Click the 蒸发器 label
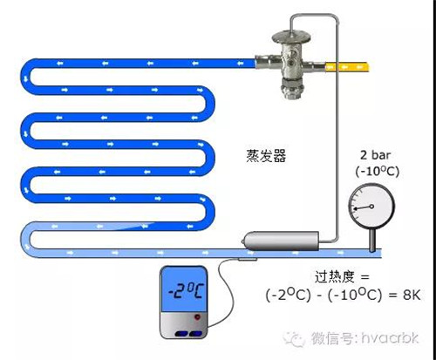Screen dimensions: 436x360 click(x=266, y=156)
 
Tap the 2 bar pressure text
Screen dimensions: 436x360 click(x=375, y=155)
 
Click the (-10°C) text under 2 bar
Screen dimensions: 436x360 click(x=378, y=171)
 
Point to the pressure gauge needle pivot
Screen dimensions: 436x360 click(x=371, y=207)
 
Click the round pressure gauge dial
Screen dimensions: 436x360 click(x=371, y=207)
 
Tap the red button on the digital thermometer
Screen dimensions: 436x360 click(x=197, y=317)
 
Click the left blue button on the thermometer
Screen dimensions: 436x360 click(x=181, y=334)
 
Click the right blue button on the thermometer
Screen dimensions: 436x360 click(x=195, y=334)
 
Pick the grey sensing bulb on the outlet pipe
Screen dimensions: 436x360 click(x=281, y=241)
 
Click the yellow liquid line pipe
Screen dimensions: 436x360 click(x=348, y=67)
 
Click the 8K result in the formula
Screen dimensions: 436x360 click(x=412, y=295)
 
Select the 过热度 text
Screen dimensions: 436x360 click(x=334, y=276)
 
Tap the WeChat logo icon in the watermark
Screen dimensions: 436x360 click(x=294, y=338)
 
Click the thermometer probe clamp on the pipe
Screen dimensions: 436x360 click(x=247, y=259)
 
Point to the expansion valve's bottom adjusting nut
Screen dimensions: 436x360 click(x=292, y=92)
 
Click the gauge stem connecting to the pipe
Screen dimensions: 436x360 click(x=372, y=241)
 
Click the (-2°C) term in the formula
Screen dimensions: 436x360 click(x=288, y=295)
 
